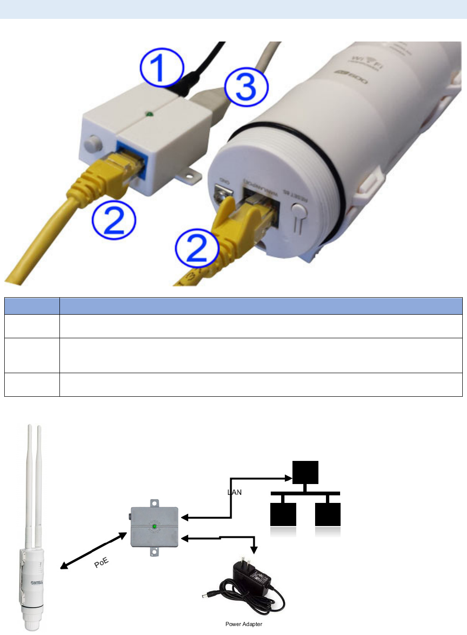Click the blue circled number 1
click(x=161, y=68)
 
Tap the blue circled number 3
click(x=246, y=87)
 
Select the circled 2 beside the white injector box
click(x=114, y=219)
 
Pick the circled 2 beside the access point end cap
click(x=197, y=248)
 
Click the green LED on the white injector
click(x=149, y=114)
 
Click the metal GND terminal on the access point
click(x=224, y=193)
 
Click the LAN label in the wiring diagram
click(x=234, y=492)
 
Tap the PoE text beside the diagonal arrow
click(x=101, y=562)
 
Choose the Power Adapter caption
click(x=243, y=624)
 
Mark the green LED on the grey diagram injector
click(x=154, y=526)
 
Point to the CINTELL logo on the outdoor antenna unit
click(x=37, y=582)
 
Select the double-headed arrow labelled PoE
click(x=93, y=551)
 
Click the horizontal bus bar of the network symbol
click(x=305, y=493)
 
